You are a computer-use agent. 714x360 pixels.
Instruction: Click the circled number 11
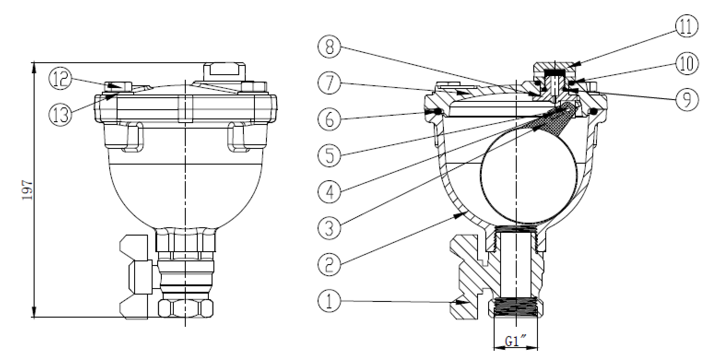tap(685, 26)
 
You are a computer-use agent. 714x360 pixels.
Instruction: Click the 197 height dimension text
tap(27, 189)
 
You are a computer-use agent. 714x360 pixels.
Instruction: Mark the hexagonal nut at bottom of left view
tap(186, 308)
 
